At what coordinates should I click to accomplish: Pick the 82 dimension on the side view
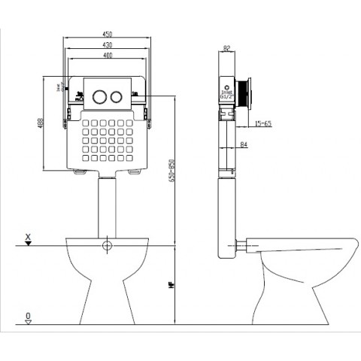226,50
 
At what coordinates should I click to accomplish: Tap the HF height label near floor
172,286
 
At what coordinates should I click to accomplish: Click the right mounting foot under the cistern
136,173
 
